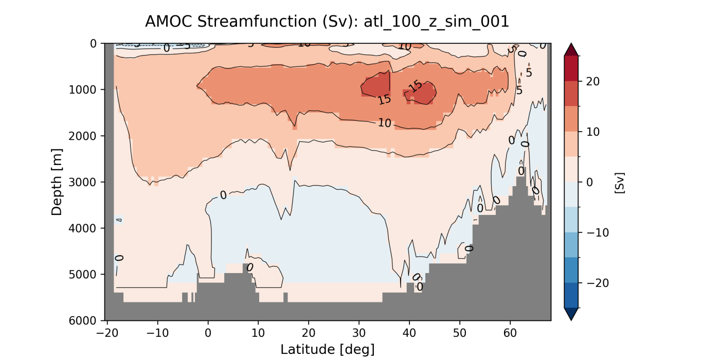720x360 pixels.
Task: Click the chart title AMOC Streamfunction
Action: (x=327, y=21)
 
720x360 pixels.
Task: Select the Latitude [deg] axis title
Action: (x=327, y=350)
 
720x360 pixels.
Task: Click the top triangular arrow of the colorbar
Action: (x=571, y=49)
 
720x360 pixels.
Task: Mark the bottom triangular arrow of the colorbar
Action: (x=571, y=314)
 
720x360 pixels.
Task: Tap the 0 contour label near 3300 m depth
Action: (x=223, y=195)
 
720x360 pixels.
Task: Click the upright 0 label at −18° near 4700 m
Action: (x=119, y=258)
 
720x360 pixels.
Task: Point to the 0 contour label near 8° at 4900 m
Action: (x=250, y=267)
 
